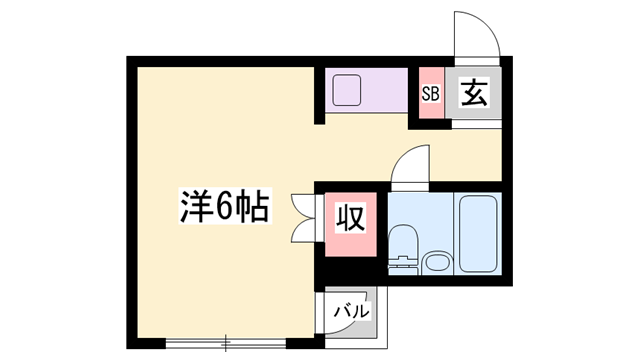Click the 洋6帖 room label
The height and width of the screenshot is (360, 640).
point(223,207)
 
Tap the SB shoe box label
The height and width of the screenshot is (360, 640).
point(431,95)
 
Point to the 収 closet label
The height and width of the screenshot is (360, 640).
point(348,217)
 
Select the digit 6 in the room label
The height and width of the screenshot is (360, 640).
point(222,207)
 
